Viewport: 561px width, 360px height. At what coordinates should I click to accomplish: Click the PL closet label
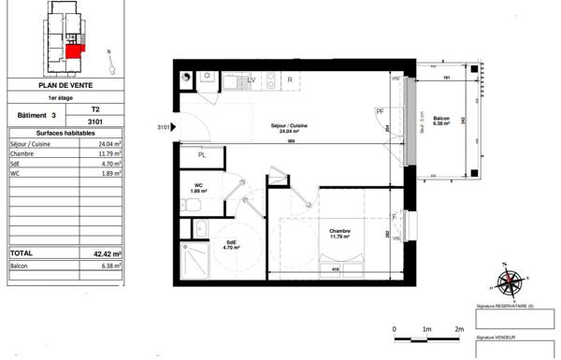[201, 155]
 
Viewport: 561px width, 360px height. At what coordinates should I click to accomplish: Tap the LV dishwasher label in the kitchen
[251, 79]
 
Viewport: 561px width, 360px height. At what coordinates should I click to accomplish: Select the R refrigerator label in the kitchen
[290, 79]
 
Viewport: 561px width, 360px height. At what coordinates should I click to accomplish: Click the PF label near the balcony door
[380, 112]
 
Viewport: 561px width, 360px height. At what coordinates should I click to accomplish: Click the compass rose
[510, 281]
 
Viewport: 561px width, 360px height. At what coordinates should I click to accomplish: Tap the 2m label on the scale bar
[458, 330]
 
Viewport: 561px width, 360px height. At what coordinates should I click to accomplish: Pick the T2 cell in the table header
[94, 109]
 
